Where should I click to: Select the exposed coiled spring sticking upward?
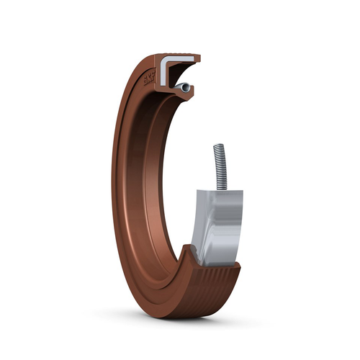pos(219,165)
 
